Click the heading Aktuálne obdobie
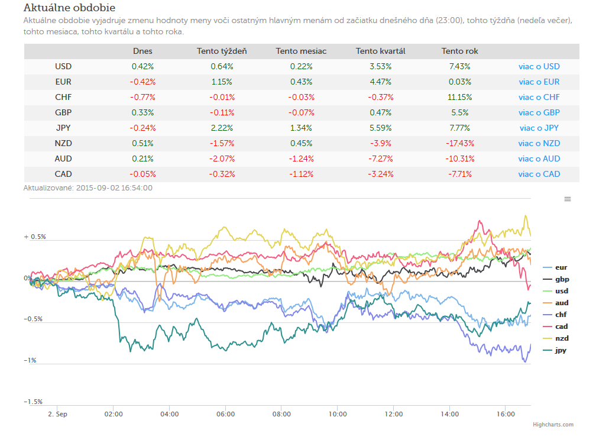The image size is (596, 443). tap(69, 8)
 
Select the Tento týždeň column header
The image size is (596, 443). tap(222, 51)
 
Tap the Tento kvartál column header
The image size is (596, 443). tap(381, 51)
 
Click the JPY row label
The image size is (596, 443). tap(63, 128)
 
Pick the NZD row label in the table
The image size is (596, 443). tap(63, 143)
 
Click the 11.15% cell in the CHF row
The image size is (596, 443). tap(459, 97)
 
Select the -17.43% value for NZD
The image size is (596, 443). tap(459, 143)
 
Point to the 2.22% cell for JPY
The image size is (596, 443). tap(222, 128)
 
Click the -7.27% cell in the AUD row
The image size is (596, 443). tap(381, 159)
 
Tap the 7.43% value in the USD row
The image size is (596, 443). tap(459, 66)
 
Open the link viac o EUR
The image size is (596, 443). tap(539, 82)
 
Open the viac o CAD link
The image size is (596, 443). tap(539, 174)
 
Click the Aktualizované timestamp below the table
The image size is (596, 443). tap(88, 188)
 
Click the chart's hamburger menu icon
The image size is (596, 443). tap(568, 199)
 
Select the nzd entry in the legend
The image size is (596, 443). tap(556, 338)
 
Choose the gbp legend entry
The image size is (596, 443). tap(556, 279)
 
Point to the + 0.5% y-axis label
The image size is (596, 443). tap(34, 237)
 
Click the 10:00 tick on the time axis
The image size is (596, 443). tap(338, 414)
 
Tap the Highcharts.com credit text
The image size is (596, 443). tap(553, 424)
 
